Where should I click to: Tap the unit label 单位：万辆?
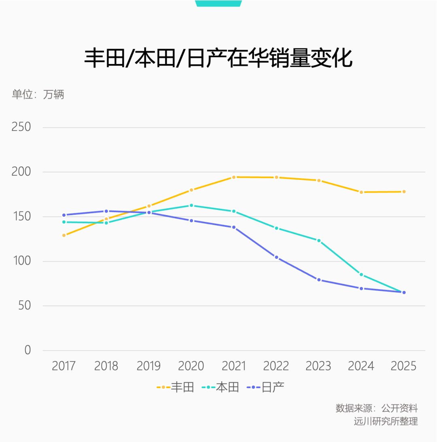pyautogui.click(x=38, y=95)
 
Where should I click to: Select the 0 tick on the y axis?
pyautogui.click(x=28, y=350)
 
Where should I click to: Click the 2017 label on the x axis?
pyautogui.click(x=64, y=366)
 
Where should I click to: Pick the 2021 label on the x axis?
pyautogui.click(x=234, y=366)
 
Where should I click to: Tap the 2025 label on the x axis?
pyautogui.click(x=403, y=366)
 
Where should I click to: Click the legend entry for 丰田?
pyautogui.click(x=176, y=387)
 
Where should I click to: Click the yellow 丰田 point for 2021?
pyautogui.click(x=234, y=177)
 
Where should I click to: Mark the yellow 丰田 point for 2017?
pyautogui.click(x=64, y=235)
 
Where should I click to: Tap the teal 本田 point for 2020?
pyautogui.click(x=191, y=205)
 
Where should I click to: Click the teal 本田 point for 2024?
pyautogui.click(x=361, y=275)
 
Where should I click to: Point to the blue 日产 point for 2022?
pyautogui.click(x=276, y=257)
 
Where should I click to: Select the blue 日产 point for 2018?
pyautogui.click(x=106, y=211)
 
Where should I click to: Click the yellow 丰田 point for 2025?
pyautogui.click(x=403, y=192)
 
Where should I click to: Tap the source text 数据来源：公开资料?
pyautogui.click(x=376, y=408)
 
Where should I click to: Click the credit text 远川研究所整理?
pyautogui.click(x=385, y=421)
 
